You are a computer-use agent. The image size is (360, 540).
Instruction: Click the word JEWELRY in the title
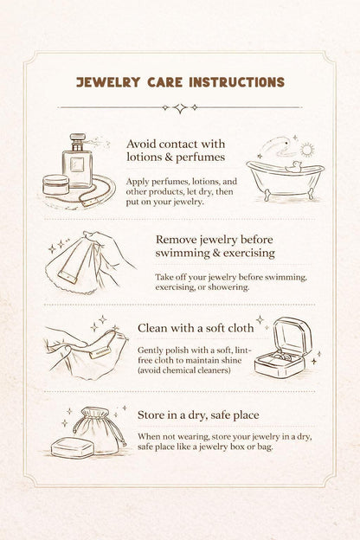[x=108, y=82]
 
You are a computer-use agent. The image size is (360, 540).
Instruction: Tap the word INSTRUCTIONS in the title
[x=236, y=82]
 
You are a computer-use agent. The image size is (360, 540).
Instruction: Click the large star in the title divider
[x=180, y=108]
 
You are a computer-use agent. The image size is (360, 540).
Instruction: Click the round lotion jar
[x=55, y=184]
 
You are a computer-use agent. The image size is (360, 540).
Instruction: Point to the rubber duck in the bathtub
[x=293, y=167]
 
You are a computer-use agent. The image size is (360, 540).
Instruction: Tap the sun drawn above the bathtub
[x=306, y=150]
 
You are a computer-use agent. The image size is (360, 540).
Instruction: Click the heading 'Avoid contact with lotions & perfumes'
[x=176, y=151]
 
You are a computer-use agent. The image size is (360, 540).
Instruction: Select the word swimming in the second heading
[x=183, y=253]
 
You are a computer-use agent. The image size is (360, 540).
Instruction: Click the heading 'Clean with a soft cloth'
[x=196, y=328]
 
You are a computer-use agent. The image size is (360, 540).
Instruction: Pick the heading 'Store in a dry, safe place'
[x=198, y=415]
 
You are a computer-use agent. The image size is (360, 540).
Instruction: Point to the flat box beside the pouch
[x=73, y=447]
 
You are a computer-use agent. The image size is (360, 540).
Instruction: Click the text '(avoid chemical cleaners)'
[x=184, y=370]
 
